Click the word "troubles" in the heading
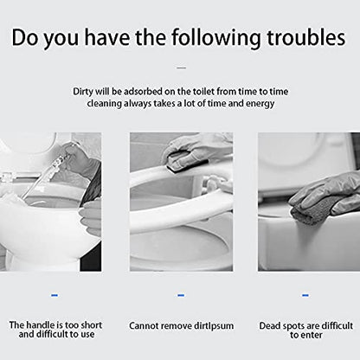click(x=306, y=38)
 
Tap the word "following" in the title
click(x=215, y=39)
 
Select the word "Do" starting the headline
click(x=25, y=38)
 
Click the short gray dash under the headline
click(x=181, y=67)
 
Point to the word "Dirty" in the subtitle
click(x=83, y=92)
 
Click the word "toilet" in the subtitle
click(x=203, y=92)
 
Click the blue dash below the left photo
click(x=55, y=295)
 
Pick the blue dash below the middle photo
click(x=181, y=295)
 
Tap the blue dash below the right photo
click(x=305, y=295)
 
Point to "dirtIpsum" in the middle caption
click(x=214, y=326)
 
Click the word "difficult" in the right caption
click(x=337, y=325)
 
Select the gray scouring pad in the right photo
click(x=311, y=211)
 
